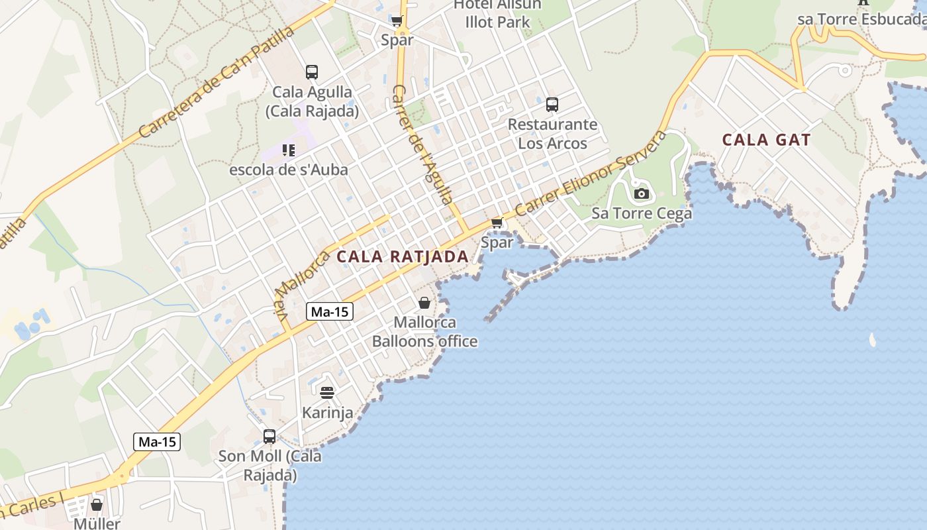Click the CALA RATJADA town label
[x=402, y=256]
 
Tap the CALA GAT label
[x=766, y=140]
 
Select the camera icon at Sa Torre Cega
[x=641, y=194]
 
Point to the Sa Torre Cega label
[x=641, y=213]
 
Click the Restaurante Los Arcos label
[x=552, y=134]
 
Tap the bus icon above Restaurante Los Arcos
[x=552, y=105]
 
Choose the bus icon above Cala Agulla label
[x=312, y=72]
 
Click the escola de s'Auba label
[x=288, y=170]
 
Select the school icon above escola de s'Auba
[x=288, y=150]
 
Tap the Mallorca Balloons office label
[x=424, y=332]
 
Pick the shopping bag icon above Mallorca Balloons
[x=424, y=303]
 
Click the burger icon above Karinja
[x=327, y=393]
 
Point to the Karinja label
[x=327, y=413]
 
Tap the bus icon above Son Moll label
[x=269, y=437]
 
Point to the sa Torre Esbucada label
[x=861, y=19]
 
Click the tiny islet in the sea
[x=872, y=341]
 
